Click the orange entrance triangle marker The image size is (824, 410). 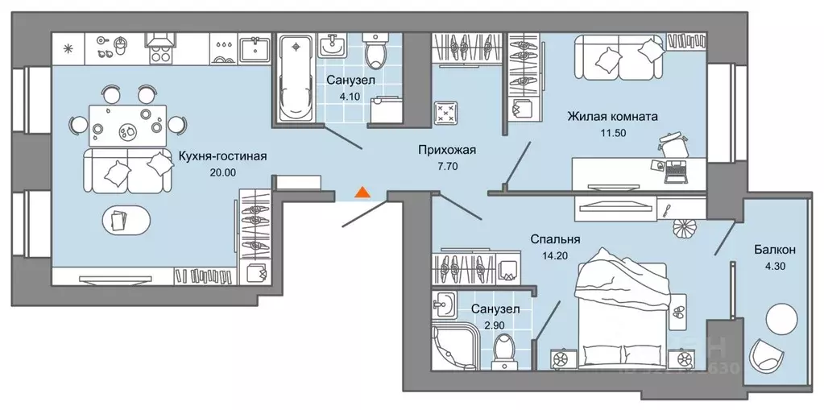point(362,192)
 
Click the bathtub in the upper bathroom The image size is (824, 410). point(297,77)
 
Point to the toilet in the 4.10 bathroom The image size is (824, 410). point(375,52)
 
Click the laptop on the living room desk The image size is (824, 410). point(675,170)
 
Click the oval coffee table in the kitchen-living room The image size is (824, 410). point(123,218)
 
